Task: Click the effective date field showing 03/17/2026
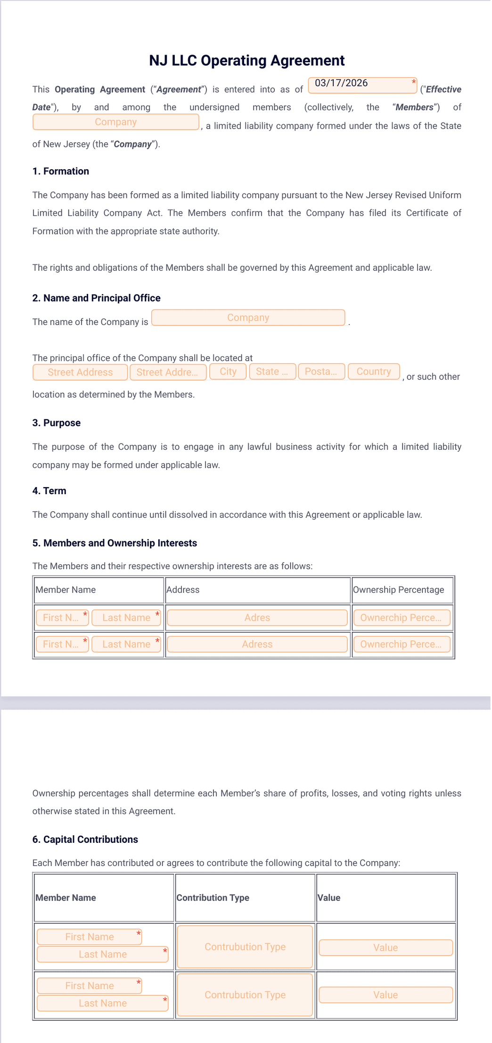tap(362, 85)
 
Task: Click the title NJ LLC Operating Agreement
tap(246, 61)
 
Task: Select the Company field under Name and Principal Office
tap(248, 318)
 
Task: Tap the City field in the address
tap(228, 371)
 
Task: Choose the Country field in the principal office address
tap(373, 371)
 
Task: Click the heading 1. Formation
tap(61, 171)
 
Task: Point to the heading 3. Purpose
tap(57, 423)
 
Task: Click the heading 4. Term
tap(49, 490)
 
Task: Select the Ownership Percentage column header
tap(398, 589)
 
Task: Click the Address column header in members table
tap(183, 589)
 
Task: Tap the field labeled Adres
tap(257, 618)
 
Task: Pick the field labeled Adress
tap(257, 644)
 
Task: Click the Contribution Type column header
tap(213, 897)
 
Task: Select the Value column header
tap(329, 897)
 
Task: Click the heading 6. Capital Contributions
tap(85, 839)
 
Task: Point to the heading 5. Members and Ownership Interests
tap(115, 543)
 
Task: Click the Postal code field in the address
tap(321, 371)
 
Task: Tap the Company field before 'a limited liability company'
tap(115, 122)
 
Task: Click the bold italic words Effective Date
tap(443, 90)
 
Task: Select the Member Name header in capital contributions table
tap(66, 897)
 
